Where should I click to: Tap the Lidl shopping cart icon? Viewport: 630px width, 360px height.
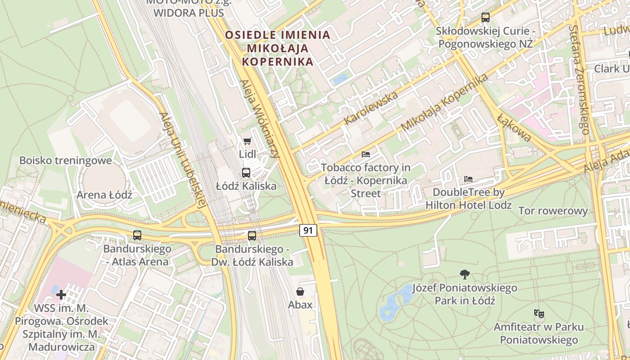click(247, 141)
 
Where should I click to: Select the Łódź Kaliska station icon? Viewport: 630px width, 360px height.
click(246, 173)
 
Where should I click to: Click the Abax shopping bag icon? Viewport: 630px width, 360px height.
click(300, 292)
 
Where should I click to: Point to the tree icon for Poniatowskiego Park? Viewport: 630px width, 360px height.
click(465, 274)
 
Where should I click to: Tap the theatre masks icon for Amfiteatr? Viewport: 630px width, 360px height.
click(538, 313)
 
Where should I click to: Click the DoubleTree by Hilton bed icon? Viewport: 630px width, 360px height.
click(468, 179)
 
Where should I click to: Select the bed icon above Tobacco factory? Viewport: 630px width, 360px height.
click(366, 154)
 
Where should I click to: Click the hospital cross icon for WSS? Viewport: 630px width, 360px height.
click(61, 295)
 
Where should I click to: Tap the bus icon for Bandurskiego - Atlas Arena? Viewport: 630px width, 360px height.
click(137, 235)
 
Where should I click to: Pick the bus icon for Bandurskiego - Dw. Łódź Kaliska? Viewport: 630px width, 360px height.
click(252, 235)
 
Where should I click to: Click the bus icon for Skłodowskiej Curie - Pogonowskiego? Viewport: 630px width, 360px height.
click(485, 18)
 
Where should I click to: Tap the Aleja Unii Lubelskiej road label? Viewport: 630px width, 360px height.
click(182, 159)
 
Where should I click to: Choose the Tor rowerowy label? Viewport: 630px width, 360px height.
click(553, 211)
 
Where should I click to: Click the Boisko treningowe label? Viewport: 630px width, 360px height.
click(65, 161)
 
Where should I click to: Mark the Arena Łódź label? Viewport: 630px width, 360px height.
click(104, 195)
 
